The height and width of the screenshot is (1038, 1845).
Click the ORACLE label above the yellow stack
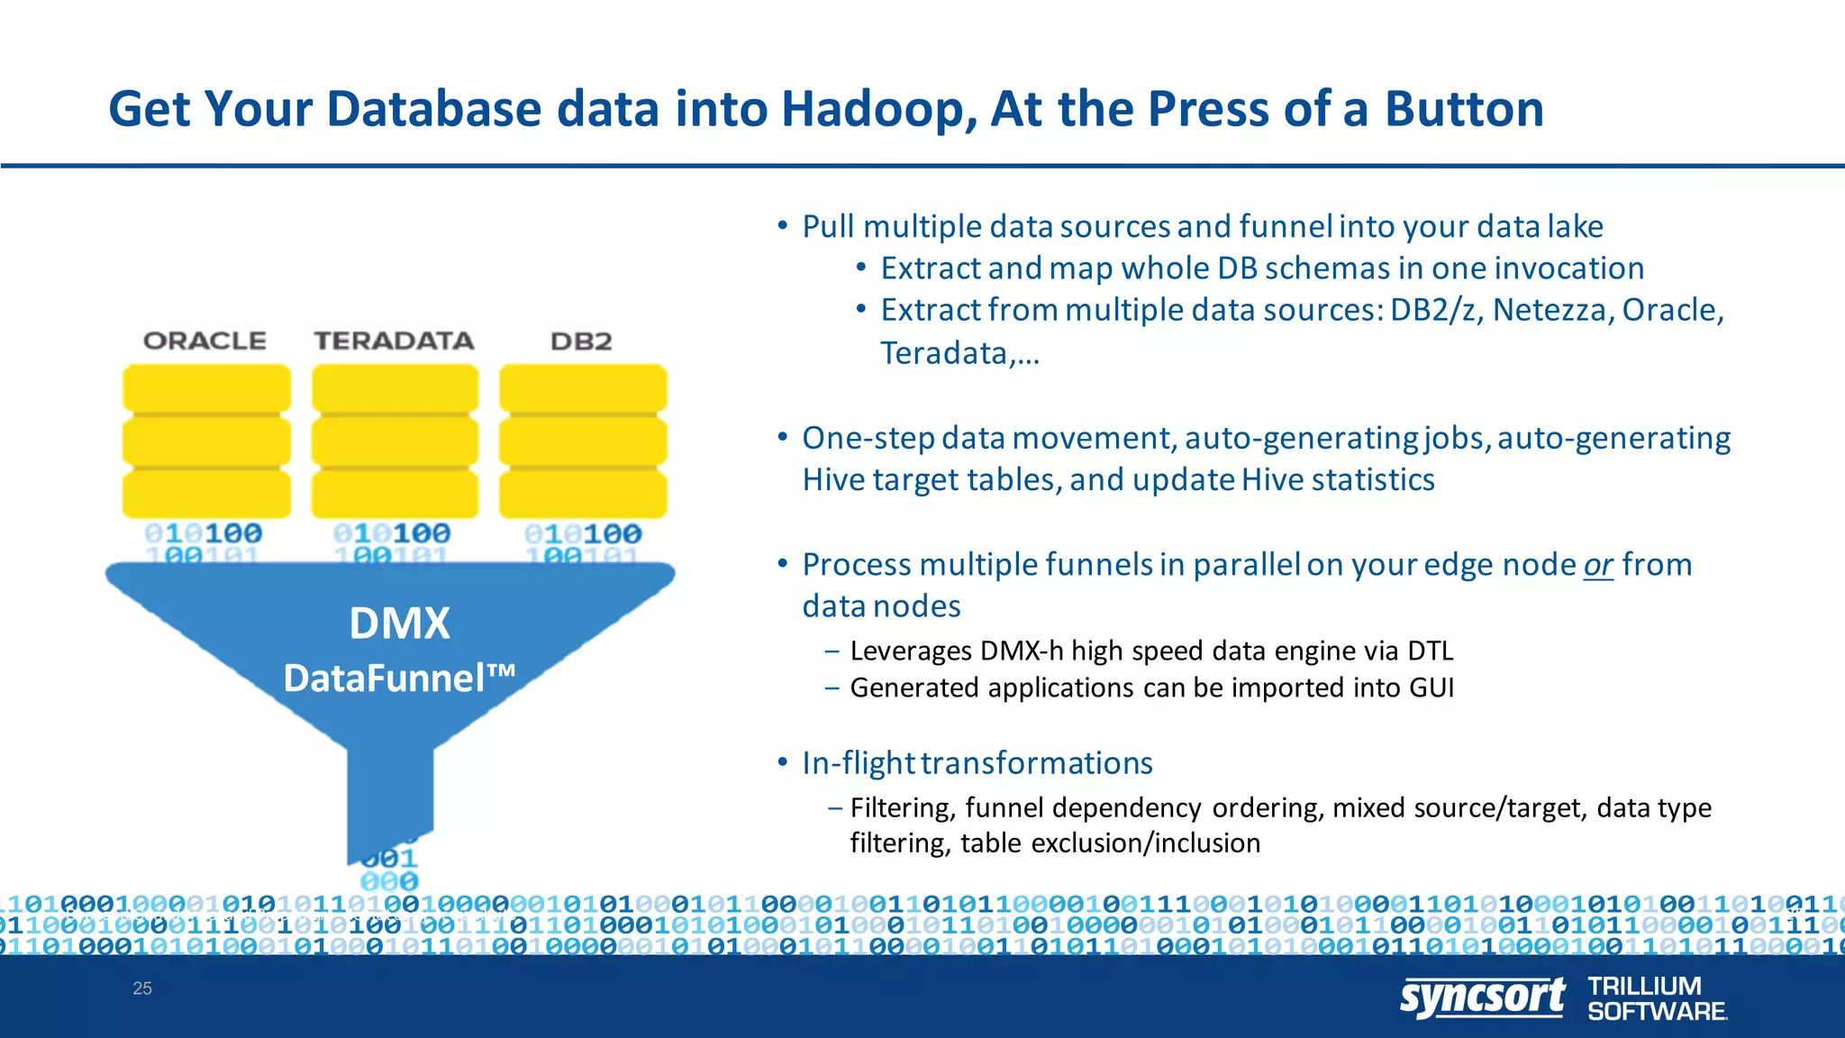click(x=204, y=341)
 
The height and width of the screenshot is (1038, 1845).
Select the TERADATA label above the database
click(x=394, y=341)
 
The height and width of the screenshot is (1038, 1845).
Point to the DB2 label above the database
click(x=581, y=341)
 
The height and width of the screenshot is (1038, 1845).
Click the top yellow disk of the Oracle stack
click(x=206, y=388)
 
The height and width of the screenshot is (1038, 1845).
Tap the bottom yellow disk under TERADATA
click(x=395, y=494)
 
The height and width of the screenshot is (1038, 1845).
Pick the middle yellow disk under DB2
click(x=583, y=442)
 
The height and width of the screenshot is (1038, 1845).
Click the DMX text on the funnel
click(x=399, y=624)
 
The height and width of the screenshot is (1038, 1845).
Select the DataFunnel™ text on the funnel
click(x=399, y=678)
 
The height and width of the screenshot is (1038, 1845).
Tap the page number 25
click(x=142, y=988)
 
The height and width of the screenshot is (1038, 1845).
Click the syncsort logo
click(x=1482, y=998)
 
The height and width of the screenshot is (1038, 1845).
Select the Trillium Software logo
click(x=1656, y=998)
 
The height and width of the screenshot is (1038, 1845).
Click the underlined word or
click(x=1598, y=565)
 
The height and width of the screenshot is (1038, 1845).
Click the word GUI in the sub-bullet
click(x=1431, y=687)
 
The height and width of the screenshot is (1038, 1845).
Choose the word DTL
click(x=1430, y=651)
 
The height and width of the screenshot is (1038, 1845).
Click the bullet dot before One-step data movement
click(x=783, y=438)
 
